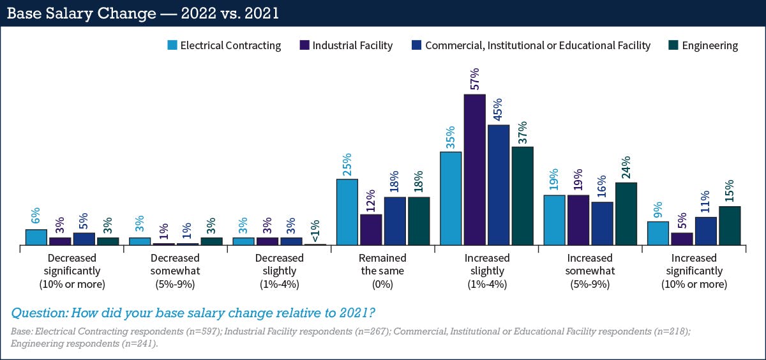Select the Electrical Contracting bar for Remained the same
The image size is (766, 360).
click(347, 212)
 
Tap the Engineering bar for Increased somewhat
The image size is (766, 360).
click(626, 214)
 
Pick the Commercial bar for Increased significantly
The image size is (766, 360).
click(705, 231)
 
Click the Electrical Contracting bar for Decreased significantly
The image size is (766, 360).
click(36, 237)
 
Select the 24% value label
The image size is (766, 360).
click(626, 168)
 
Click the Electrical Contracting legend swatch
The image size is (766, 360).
click(172, 45)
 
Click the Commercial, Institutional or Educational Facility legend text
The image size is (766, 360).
click(537, 45)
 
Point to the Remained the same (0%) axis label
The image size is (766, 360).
click(382, 271)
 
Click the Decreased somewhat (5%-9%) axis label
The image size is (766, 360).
click(175, 271)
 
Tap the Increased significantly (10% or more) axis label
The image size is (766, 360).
click(694, 271)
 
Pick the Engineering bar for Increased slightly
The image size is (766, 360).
click(522, 196)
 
